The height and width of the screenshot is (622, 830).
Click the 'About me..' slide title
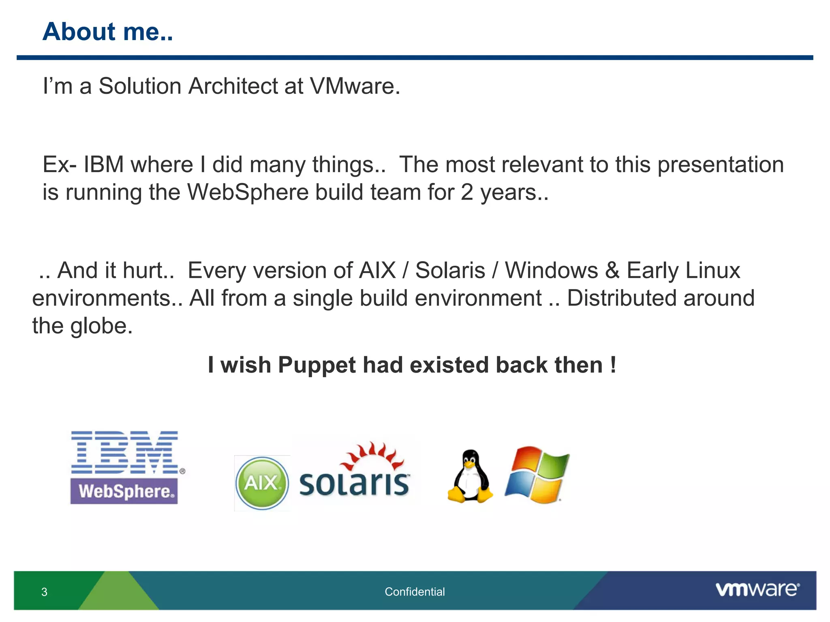click(x=108, y=32)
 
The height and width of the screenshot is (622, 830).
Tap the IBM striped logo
click(x=125, y=452)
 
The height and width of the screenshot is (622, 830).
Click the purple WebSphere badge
click(x=124, y=491)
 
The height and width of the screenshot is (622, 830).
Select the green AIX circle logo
click(x=262, y=483)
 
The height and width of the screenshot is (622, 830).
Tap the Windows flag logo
click(x=537, y=475)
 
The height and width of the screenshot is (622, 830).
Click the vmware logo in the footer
click(x=757, y=589)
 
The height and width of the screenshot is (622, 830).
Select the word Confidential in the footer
click(x=415, y=592)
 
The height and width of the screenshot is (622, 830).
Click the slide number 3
click(x=44, y=592)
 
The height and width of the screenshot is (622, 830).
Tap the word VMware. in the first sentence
click(x=355, y=86)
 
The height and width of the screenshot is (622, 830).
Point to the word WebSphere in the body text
click(x=248, y=192)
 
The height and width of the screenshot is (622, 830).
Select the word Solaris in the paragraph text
click(x=450, y=271)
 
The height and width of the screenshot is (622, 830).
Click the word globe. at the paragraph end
click(x=101, y=326)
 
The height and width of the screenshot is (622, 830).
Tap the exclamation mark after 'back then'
click(x=613, y=365)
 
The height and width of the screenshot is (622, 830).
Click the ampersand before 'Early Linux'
click(x=612, y=271)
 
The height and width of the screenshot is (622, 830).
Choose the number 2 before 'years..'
click(x=467, y=192)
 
